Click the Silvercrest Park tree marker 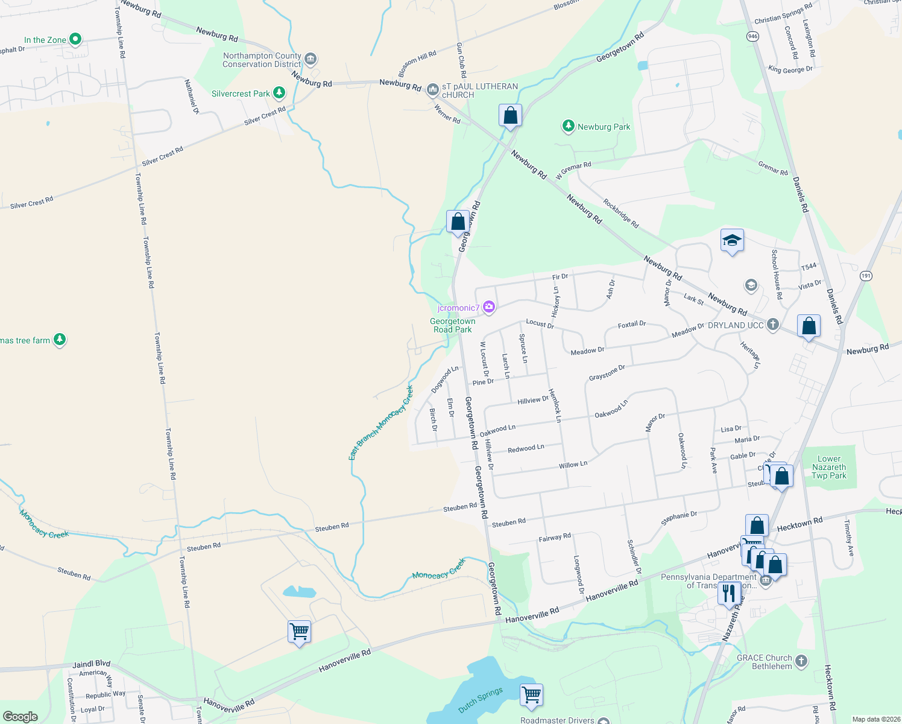tap(279, 93)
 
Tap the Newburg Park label tap(604, 127)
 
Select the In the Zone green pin tap(75, 40)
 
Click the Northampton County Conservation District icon tap(311, 59)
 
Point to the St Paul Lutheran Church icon tap(432, 91)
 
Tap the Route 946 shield tap(752, 36)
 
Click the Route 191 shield tap(866, 276)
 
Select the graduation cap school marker tap(732, 241)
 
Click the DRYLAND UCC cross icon tap(772, 325)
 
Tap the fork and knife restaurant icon tap(729, 594)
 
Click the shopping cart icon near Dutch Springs tap(531, 694)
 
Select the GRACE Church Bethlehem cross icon tap(801, 661)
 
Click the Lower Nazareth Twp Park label tap(829, 468)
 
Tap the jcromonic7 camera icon tap(489, 308)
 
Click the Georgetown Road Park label tap(452, 325)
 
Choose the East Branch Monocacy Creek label tap(381, 422)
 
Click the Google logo tap(20, 717)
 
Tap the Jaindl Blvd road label tap(92, 664)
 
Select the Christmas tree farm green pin tap(59, 340)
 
